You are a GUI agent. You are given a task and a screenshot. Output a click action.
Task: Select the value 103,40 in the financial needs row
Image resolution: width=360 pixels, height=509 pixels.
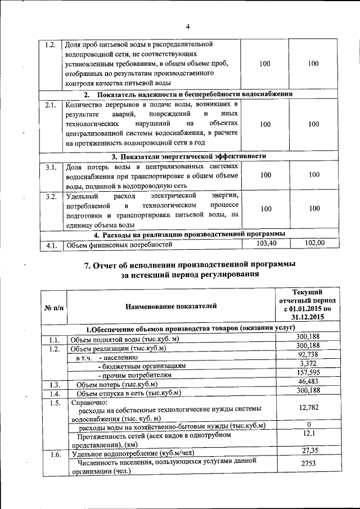click(x=264, y=243)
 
